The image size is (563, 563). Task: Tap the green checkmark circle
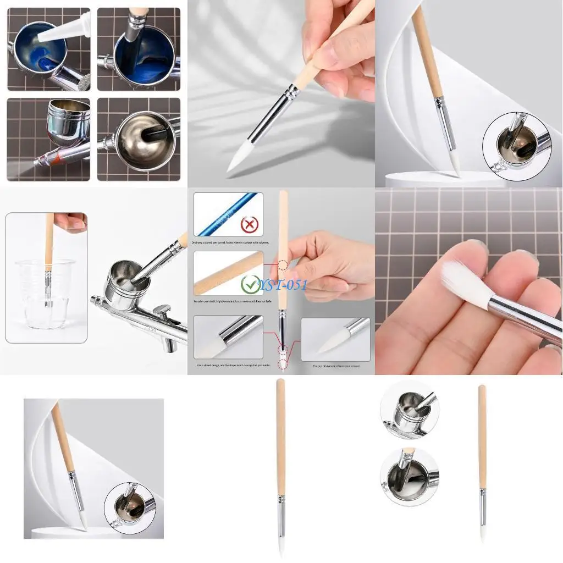coord(250,284)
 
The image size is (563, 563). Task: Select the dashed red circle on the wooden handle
coord(283,265)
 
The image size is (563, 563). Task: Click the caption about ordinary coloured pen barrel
coord(230,242)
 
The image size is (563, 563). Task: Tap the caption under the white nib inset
coord(336,366)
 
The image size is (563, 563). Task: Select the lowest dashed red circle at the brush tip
coord(283,363)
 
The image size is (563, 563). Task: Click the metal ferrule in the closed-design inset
coord(236,332)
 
